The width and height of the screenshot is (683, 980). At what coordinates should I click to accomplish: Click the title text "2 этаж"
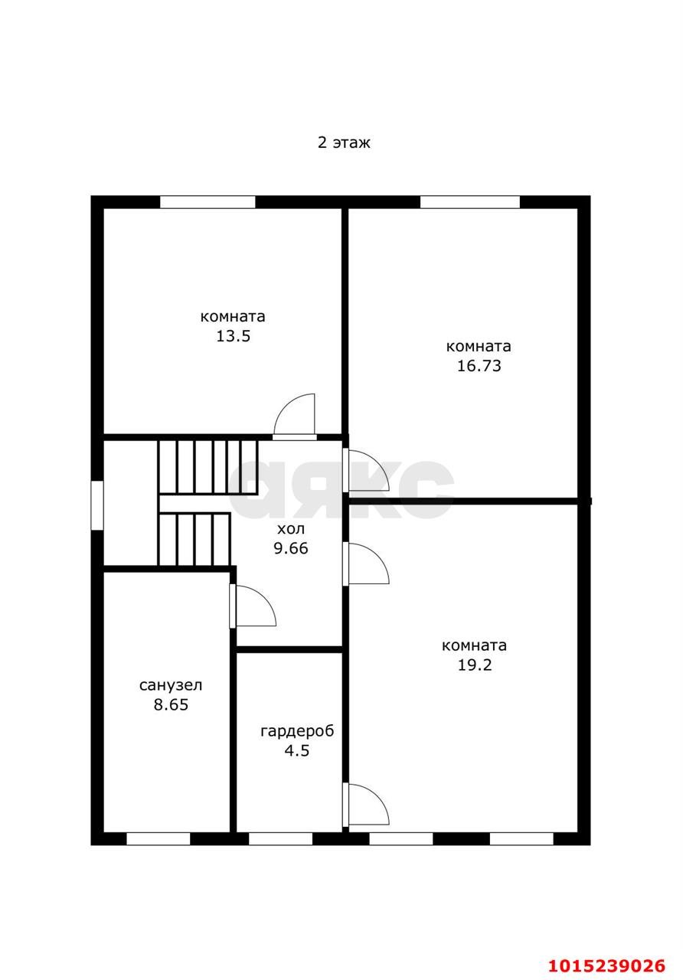[344, 142]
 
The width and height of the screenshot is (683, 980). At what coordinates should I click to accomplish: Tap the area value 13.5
[234, 336]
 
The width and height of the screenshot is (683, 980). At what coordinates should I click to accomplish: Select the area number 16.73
[479, 366]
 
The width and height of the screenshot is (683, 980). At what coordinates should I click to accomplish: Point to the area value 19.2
[475, 665]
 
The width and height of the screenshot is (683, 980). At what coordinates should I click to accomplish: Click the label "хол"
[291, 529]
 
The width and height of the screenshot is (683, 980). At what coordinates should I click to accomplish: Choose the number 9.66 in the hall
[291, 548]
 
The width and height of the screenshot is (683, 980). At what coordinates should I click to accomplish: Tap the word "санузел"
[171, 685]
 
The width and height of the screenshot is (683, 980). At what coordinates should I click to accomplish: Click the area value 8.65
[171, 705]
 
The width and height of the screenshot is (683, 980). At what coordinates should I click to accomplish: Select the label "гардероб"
[297, 731]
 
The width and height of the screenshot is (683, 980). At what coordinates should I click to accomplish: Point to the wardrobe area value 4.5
[297, 751]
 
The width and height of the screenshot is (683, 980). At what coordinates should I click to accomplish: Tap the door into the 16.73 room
[367, 469]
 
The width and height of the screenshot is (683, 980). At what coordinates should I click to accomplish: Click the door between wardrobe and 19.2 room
[367, 805]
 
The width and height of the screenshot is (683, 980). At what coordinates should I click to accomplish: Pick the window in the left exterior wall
[97, 505]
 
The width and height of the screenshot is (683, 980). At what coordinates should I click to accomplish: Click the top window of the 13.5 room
[208, 202]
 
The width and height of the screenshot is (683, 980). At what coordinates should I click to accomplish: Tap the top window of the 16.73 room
[470, 202]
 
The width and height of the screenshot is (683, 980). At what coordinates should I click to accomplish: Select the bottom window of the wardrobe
[280, 838]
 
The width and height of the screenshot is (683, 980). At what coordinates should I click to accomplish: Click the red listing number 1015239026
[607, 965]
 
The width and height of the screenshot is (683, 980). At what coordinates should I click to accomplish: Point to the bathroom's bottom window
[158, 838]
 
